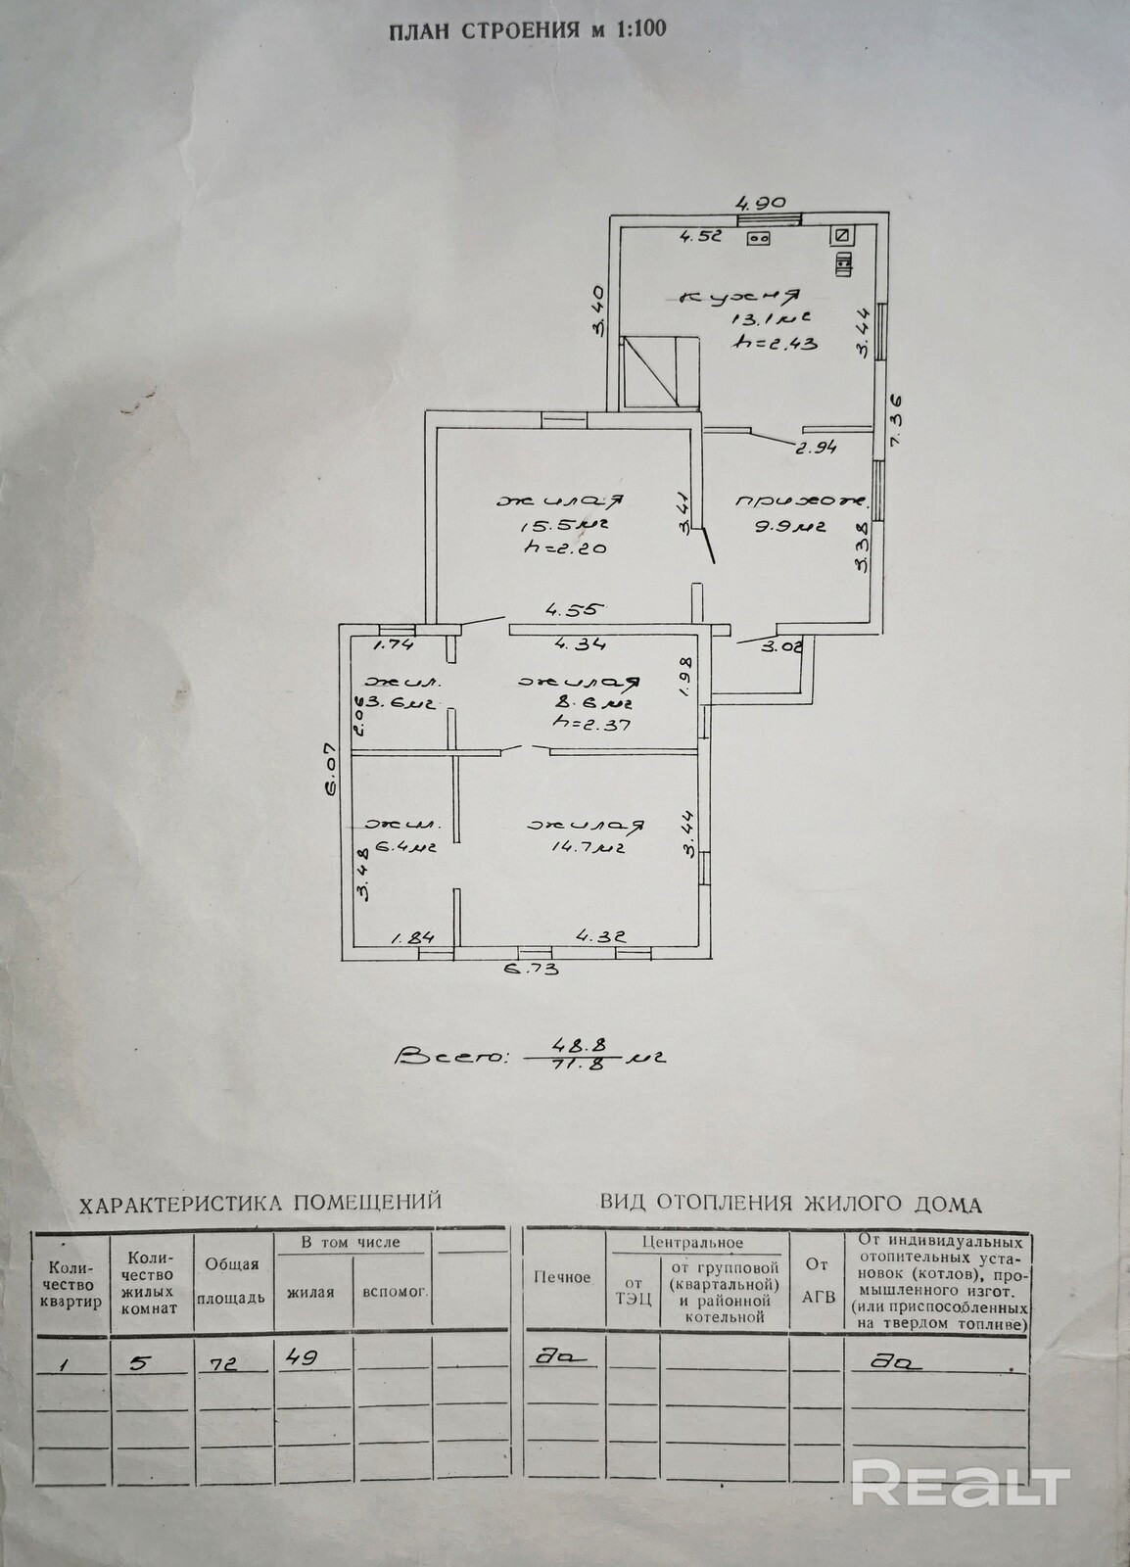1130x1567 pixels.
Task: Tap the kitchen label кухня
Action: [740, 296]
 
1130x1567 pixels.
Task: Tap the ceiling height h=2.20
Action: [567, 549]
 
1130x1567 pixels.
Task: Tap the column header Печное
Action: [563, 1277]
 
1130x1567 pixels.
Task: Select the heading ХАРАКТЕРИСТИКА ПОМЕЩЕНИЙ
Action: [260, 1202]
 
